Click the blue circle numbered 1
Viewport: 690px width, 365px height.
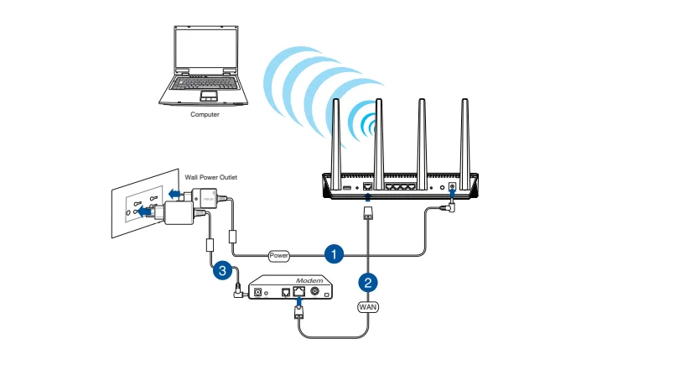pyautogui.click(x=334, y=252)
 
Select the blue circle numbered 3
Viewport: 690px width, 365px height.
pyautogui.click(x=221, y=270)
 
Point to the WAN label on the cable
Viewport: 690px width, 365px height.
pyautogui.click(x=369, y=307)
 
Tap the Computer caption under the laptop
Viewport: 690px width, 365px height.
pyautogui.click(x=205, y=114)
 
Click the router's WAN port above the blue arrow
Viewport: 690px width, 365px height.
pyautogui.click(x=368, y=185)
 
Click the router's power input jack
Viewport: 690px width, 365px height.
pyautogui.click(x=454, y=185)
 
